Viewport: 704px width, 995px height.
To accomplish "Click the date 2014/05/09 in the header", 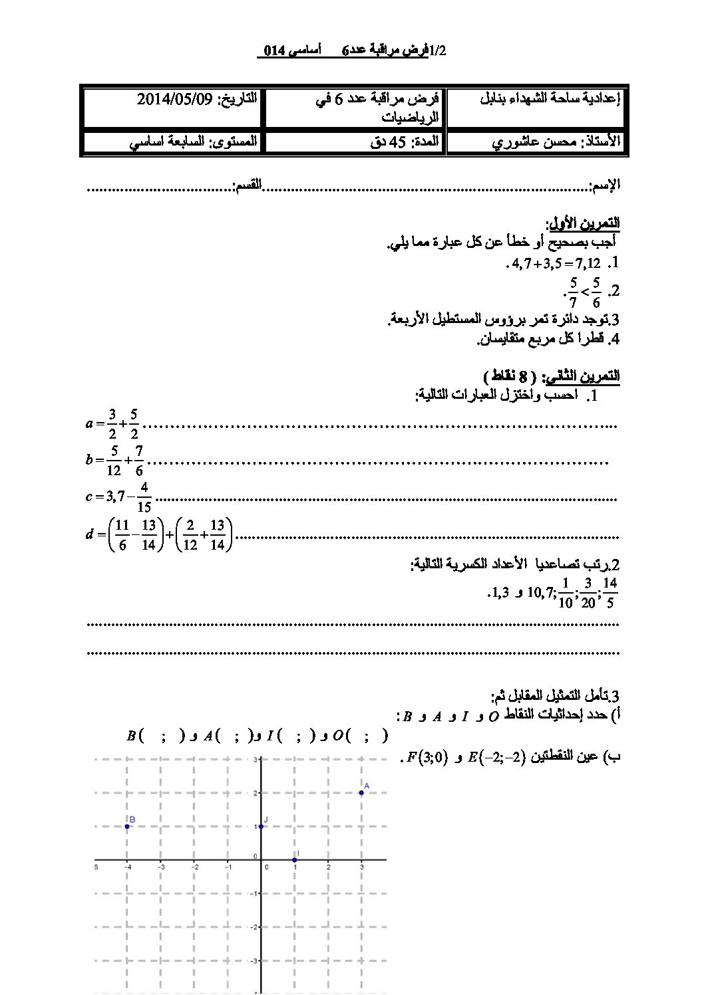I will tap(174, 100).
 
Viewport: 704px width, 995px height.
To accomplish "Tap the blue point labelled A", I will tap(361, 792).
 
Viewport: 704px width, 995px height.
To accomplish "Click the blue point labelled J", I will tap(260, 826).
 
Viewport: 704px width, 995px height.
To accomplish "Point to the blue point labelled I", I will tap(294, 859).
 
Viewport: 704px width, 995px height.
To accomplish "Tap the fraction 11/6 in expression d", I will tap(122, 534).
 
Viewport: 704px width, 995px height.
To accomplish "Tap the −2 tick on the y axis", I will tap(254, 927).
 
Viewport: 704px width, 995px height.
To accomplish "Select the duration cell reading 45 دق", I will tap(384, 142).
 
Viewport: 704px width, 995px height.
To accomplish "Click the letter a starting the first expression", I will tap(90, 423).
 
